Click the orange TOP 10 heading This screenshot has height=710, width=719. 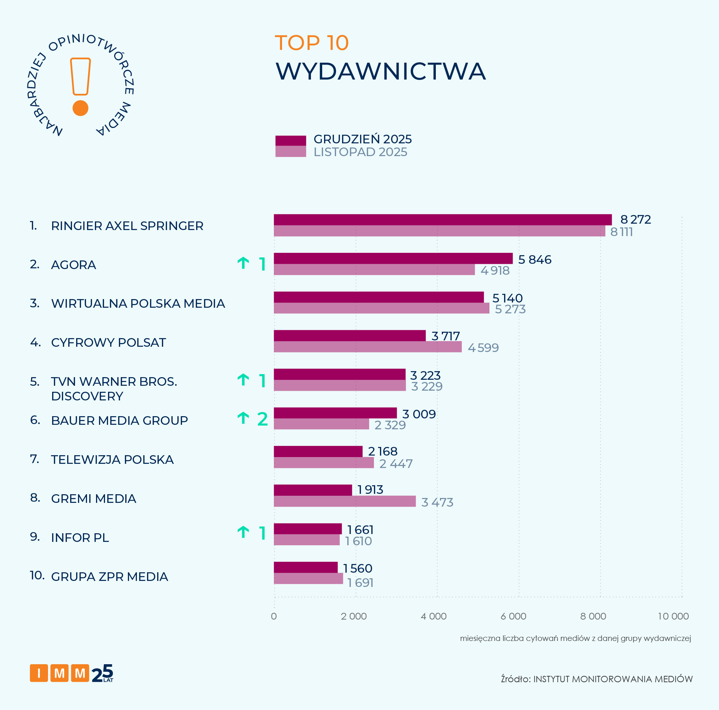[312, 43]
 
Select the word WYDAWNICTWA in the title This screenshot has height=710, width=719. [380, 71]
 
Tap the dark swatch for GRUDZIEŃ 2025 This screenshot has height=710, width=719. [290, 140]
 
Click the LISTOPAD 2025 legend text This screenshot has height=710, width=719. [360, 152]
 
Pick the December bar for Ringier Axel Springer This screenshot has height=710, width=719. [443, 220]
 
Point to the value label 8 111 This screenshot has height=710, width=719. [621, 232]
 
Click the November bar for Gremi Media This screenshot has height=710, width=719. [344, 501]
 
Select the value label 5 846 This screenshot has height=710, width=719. [534, 259]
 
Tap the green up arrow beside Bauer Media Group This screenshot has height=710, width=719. [243, 418]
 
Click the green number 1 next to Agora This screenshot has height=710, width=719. [263, 264]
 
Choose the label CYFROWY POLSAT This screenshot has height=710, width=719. [108, 342]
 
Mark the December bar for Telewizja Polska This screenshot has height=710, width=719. [318, 451]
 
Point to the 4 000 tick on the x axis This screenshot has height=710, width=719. [434, 616]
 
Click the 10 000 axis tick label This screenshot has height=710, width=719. [673, 616]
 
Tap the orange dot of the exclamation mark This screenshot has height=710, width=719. [80, 108]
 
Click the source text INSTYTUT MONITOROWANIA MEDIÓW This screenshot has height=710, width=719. [613, 679]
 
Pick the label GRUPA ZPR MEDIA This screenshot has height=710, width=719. [109, 576]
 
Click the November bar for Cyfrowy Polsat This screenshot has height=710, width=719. [368, 347]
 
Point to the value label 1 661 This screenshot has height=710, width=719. [360, 529]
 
